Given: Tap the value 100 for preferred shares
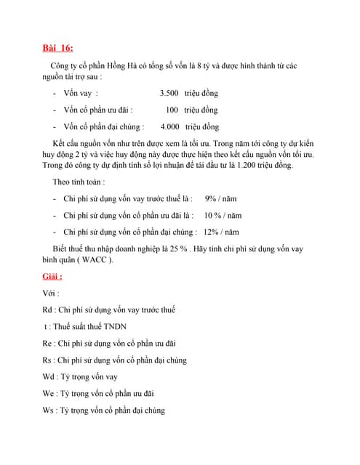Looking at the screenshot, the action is [172, 110].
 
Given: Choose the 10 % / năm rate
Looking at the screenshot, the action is [223, 215].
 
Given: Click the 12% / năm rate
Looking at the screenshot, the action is [221, 232].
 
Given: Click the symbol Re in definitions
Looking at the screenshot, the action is [47, 343].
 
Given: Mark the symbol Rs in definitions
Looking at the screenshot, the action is [47, 360].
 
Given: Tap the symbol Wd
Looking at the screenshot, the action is [49, 376].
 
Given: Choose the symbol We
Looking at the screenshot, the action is [49, 393].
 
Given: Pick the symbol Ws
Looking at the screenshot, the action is [49, 410].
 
